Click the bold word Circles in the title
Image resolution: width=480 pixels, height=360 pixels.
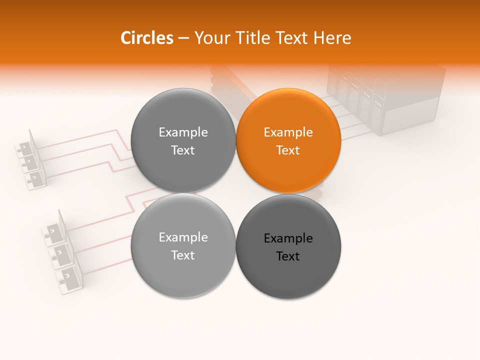(x=146, y=38)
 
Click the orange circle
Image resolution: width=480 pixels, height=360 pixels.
(x=288, y=141)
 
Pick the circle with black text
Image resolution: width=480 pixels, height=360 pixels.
(x=288, y=247)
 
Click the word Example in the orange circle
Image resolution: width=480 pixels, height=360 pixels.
(x=288, y=132)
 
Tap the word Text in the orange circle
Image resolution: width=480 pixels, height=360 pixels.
(x=288, y=150)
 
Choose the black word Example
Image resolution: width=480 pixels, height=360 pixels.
(x=288, y=238)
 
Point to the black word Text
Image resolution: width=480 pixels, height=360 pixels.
(x=288, y=256)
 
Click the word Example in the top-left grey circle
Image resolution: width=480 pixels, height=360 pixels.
(x=183, y=132)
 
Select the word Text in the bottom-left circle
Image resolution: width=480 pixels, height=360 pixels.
(x=183, y=255)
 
